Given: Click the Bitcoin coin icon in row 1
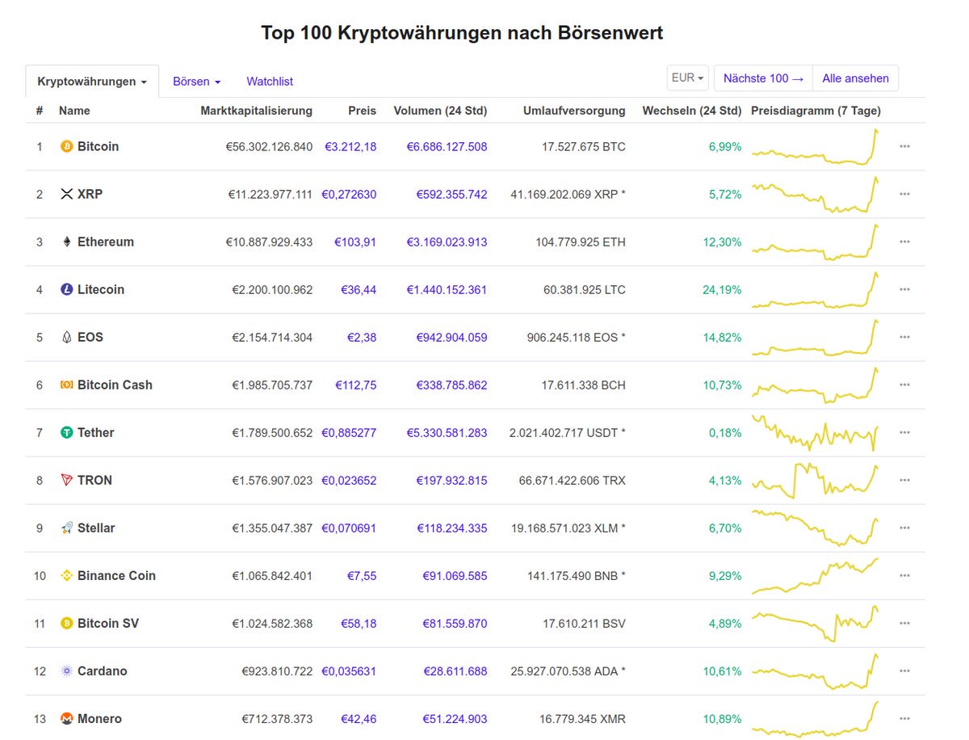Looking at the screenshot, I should click(x=67, y=146).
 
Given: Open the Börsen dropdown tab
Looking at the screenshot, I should click(x=196, y=82).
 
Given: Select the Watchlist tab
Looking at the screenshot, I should click(x=270, y=82).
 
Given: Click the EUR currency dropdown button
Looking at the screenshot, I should click(x=688, y=78).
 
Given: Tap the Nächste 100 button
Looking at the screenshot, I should click(x=763, y=78).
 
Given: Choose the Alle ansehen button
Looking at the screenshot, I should click(x=855, y=78).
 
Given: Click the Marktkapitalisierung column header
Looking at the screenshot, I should click(x=256, y=111).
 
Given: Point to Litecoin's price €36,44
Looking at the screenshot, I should click(x=355, y=289).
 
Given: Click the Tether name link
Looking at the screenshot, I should click(x=95, y=432).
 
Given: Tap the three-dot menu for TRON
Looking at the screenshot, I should click(x=904, y=480).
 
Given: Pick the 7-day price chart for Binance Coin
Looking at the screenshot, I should click(x=815, y=575).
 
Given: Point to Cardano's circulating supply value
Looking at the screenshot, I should click(x=568, y=671).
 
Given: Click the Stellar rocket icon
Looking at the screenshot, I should click(x=67, y=528).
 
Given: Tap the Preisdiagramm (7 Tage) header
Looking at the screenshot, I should click(x=816, y=111).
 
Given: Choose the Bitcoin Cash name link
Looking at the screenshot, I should click(x=115, y=385).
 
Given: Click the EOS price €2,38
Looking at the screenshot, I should click(x=362, y=337).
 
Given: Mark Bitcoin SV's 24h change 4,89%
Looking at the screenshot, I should click(x=724, y=623).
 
